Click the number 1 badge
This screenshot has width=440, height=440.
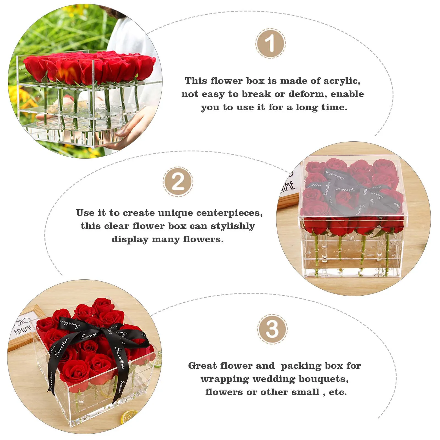271,43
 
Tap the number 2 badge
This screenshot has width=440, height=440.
178,182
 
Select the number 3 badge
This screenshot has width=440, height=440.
272,329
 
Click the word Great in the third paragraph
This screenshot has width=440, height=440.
202,366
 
